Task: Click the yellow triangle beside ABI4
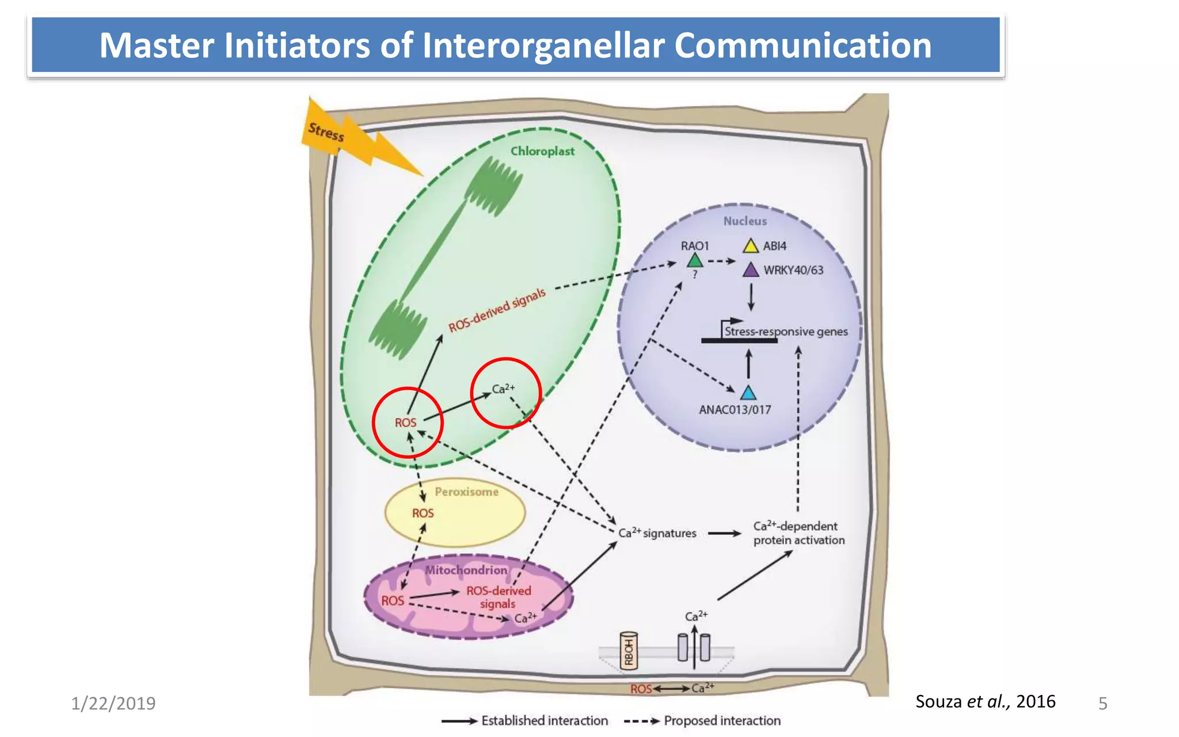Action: point(750,246)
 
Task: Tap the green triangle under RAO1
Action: point(695,261)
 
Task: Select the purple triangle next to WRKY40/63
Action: point(751,270)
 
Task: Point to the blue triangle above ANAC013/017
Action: point(748,393)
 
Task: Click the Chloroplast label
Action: point(542,151)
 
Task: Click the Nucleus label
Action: point(745,221)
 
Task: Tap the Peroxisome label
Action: point(466,492)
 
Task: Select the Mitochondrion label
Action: point(466,570)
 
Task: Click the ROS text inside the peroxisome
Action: point(423,513)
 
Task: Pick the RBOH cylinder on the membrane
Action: point(629,651)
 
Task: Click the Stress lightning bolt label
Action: point(326,132)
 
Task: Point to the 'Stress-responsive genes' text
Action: point(786,332)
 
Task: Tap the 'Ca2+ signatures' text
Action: point(657,533)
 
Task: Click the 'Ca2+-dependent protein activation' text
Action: point(798,533)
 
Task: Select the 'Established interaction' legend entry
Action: point(544,721)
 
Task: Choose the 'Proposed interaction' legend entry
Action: point(722,721)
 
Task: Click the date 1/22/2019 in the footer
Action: point(113,704)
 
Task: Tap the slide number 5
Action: point(1102,704)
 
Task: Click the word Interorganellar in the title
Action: point(543,45)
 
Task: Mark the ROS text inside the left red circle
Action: point(405,423)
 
